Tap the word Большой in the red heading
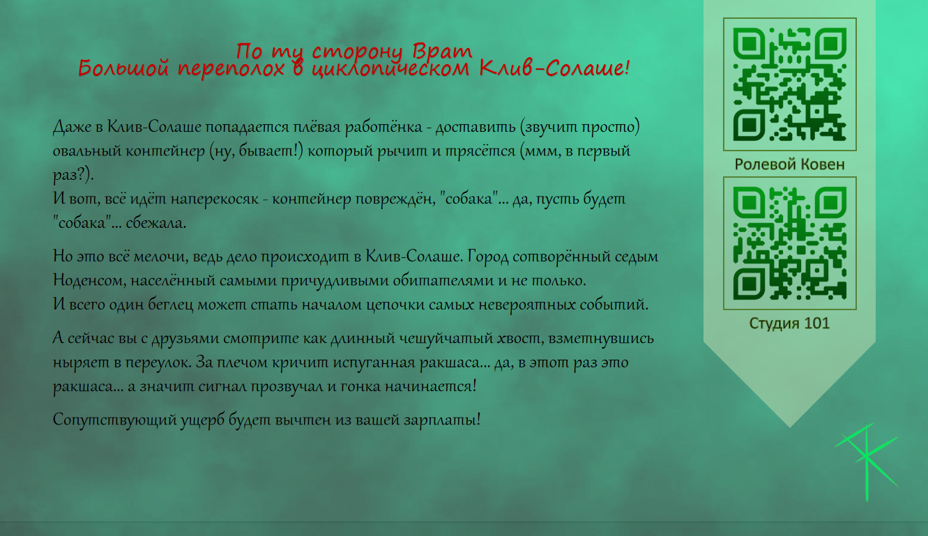123,68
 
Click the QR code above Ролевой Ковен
790,84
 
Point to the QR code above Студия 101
790,243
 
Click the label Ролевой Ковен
790,164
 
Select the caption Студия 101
790,323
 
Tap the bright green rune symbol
866,461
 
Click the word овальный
87,151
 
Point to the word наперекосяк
215,199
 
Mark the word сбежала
156,223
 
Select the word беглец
171,305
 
